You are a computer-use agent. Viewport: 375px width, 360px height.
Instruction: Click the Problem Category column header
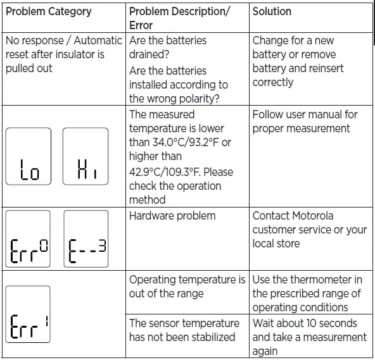48,11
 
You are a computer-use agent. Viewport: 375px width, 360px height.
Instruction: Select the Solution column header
273,11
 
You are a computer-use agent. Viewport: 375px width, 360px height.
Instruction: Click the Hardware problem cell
172,216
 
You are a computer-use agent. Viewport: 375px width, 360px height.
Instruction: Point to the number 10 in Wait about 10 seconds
310,323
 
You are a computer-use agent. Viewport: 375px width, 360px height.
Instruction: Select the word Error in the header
142,26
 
